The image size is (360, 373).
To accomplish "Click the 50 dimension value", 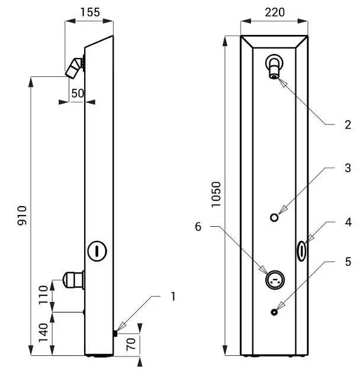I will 77,93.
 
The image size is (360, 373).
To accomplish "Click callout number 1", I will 173,295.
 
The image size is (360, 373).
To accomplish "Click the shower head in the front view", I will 275,66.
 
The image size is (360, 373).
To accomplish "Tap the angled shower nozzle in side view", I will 75,68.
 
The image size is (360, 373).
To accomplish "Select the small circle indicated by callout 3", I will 274,217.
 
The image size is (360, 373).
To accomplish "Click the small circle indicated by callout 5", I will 274,312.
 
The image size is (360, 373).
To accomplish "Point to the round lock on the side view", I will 97,249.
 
